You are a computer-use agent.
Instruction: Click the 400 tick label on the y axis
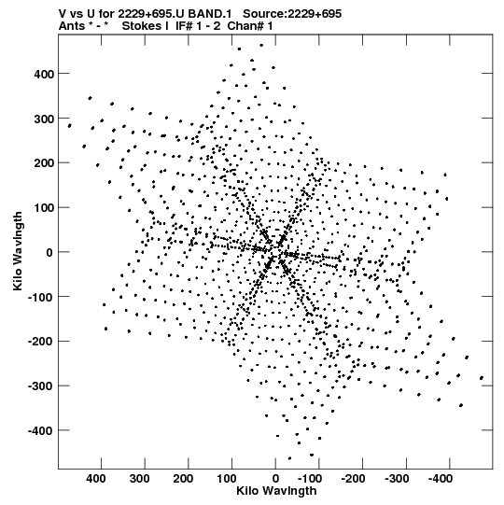[x=44, y=74]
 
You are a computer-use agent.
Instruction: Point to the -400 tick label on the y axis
[x=40, y=430]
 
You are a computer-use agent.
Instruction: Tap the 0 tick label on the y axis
[x=49, y=252]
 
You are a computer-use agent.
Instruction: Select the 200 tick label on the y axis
[x=44, y=163]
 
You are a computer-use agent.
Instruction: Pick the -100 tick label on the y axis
[x=40, y=297]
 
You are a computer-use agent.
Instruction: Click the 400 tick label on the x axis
[x=95, y=479]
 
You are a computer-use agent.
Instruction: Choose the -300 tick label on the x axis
[x=397, y=479]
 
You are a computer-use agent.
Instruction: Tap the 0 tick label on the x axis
[x=275, y=479]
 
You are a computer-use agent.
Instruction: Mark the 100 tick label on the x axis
[x=227, y=479]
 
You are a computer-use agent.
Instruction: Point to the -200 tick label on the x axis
[x=353, y=479]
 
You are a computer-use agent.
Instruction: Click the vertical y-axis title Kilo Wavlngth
[x=18, y=251]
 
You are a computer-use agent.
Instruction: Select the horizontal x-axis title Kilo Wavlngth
[x=276, y=491]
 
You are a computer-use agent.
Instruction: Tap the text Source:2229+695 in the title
[x=292, y=14]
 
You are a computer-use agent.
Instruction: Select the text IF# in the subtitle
[x=184, y=26]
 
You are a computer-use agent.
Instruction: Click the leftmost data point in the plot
[x=70, y=126]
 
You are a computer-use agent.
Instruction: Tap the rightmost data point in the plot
[x=482, y=378]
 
